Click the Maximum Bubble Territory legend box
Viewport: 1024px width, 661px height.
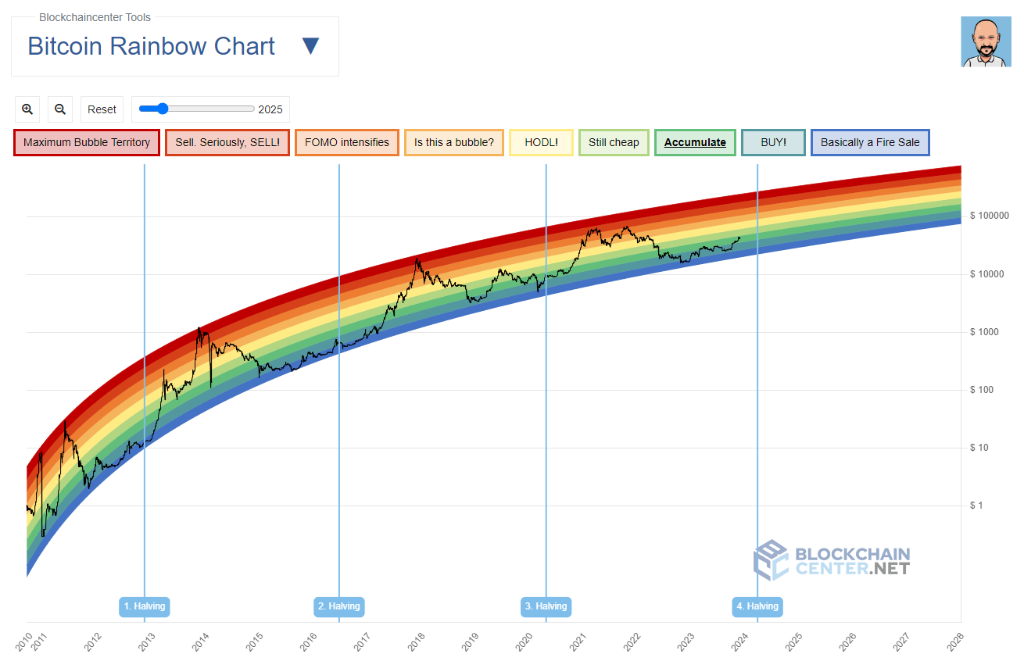coord(87,143)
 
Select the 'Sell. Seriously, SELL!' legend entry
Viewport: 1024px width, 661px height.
coord(227,143)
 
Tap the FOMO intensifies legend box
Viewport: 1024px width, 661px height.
coord(347,143)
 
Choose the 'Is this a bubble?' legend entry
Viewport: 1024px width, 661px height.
coord(454,143)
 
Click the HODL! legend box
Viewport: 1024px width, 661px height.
coord(541,143)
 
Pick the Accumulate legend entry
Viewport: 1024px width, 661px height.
coord(695,143)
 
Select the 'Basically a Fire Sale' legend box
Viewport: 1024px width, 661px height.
coord(870,143)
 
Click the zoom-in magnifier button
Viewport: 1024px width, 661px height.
coord(27,109)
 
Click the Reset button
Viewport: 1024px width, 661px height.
coord(102,109)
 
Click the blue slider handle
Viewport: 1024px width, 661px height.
coord(163,109)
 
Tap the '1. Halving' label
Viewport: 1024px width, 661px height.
coord(145,606)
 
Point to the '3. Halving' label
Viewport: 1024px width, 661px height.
coord(546,606)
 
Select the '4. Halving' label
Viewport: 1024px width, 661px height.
coord(757,606)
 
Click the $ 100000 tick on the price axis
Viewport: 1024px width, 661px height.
coord(989,216)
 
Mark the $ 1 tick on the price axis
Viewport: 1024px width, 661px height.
coord(977,506)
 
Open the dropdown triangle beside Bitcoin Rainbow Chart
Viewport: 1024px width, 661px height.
coord(310,46)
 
